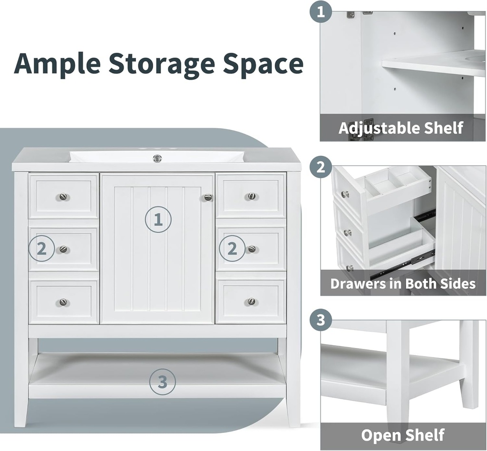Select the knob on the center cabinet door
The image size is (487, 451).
coord(208,197)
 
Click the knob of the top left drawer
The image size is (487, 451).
coord(63,197)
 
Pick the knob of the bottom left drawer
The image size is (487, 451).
coord(63,302)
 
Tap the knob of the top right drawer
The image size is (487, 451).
coord(252,196)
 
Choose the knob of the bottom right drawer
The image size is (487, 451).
coord(251,301)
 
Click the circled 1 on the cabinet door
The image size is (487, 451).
coord(158,219)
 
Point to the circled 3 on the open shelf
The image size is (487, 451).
coord(163,382)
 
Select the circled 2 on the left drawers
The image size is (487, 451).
coord(42,249)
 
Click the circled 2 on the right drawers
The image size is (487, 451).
coord(232,249)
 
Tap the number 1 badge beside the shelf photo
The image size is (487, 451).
coord(321,12)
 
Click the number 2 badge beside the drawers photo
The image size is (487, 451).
coord(321,167)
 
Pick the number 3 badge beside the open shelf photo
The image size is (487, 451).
coord(321,320)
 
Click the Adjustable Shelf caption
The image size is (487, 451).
coord(400,128)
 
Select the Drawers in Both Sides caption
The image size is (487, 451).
coord(403,283)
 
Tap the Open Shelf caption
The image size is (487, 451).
coord(402,435)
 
